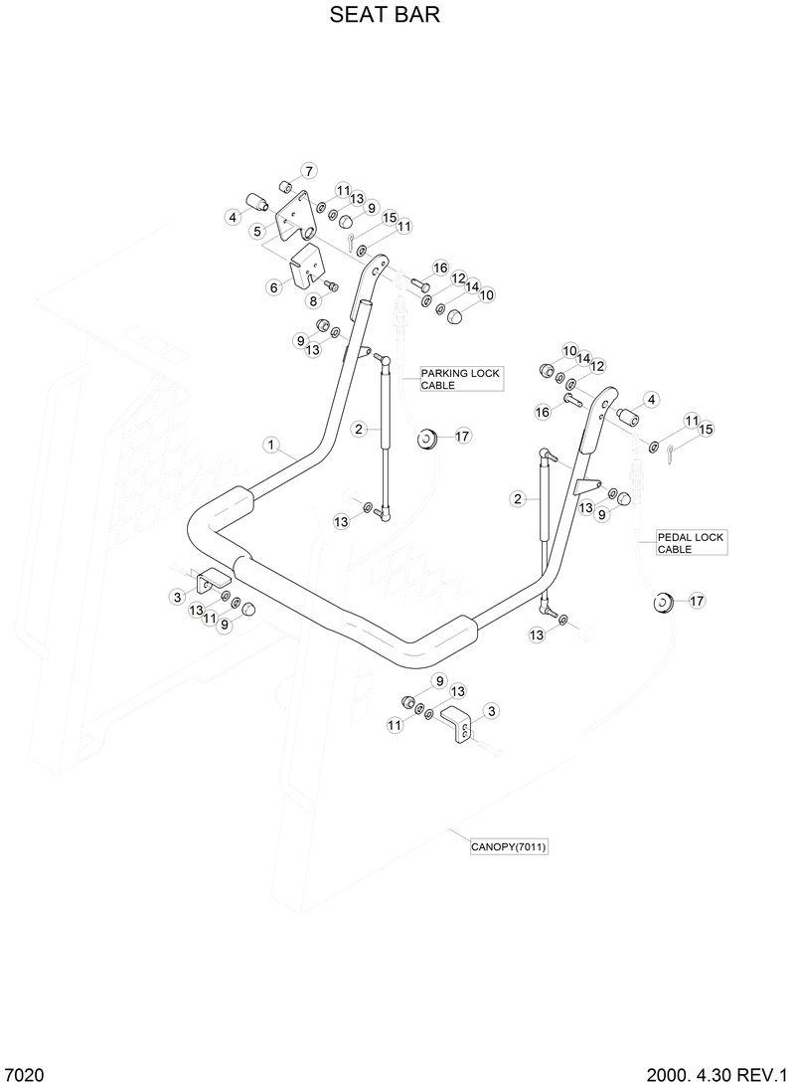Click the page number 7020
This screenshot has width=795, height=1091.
pyautogui.click(x=24, y=1076)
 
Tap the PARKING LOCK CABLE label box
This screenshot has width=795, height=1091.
pyautogui.click(x=459, y=378)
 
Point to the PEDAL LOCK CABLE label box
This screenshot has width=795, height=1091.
pyautogui.click(x=691, y=543)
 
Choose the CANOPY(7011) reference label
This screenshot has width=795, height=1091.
pyautogui.click(x=510, y=847)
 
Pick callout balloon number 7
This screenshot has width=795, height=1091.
pyautogui.click(x=308, y=170)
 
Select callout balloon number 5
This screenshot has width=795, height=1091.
pyautogui.click(x=257, y=232)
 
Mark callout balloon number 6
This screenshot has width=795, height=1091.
pyautogui.click(x=274, y=286)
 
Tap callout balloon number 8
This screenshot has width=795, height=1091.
pyautogui.click(x=313, y=301)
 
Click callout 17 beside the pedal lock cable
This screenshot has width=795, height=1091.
pyautogui.click(x=696, y=601)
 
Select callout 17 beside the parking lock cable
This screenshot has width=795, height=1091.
pyautogui.click(x=463, y=436)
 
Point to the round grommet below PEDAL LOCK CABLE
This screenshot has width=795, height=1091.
pyautogui.click(x=661, y=602)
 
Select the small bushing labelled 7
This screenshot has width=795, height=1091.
pyautogui.click(x=284, y=186)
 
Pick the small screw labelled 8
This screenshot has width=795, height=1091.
pyautogui.click(x=332, y=286)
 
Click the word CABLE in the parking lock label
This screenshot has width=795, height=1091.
pyautogui.click(x=438, y=385)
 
